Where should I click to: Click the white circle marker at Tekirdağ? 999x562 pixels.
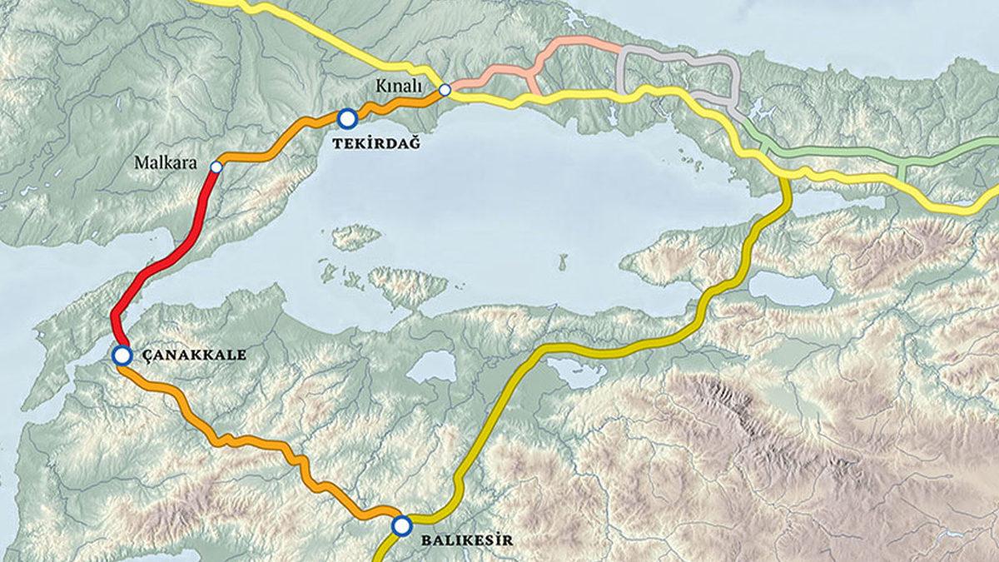coord(347,118)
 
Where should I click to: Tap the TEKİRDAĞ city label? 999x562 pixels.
coord(375,144)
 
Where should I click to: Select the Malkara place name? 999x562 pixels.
coord(166,163)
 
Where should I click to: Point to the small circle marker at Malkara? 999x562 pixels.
coord(216,167)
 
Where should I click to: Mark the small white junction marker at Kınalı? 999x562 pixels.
coord(445,89)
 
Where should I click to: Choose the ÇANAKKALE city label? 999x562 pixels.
coord(193,355)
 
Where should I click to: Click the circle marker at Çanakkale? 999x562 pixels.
coord(122,356)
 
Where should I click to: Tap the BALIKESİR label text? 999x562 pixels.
coord(466,540)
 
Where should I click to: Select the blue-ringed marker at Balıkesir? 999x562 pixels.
coord(402,525)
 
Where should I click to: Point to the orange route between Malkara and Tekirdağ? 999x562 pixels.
coord(275,147)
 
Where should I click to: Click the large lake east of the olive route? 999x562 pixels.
coord(791,288)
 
